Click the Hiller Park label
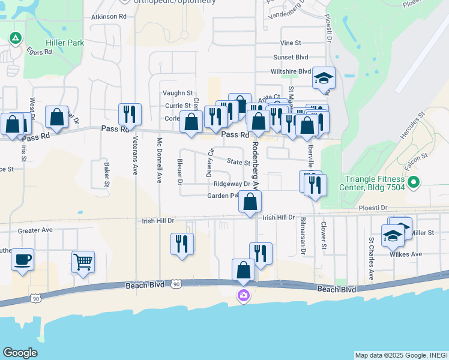(65, 43)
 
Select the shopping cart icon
(83, 262)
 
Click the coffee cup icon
(22, 259)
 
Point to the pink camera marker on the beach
(243, 295)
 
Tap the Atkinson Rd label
(109, 17)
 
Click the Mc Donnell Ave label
(160, 160)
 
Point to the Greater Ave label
(35, 230)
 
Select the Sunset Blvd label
(291, 57)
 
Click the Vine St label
(290, 43)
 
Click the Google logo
(19, 353)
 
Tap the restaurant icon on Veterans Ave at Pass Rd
(130, 113)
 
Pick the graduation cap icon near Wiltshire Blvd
(324, 78)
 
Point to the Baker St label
(106, 174)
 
